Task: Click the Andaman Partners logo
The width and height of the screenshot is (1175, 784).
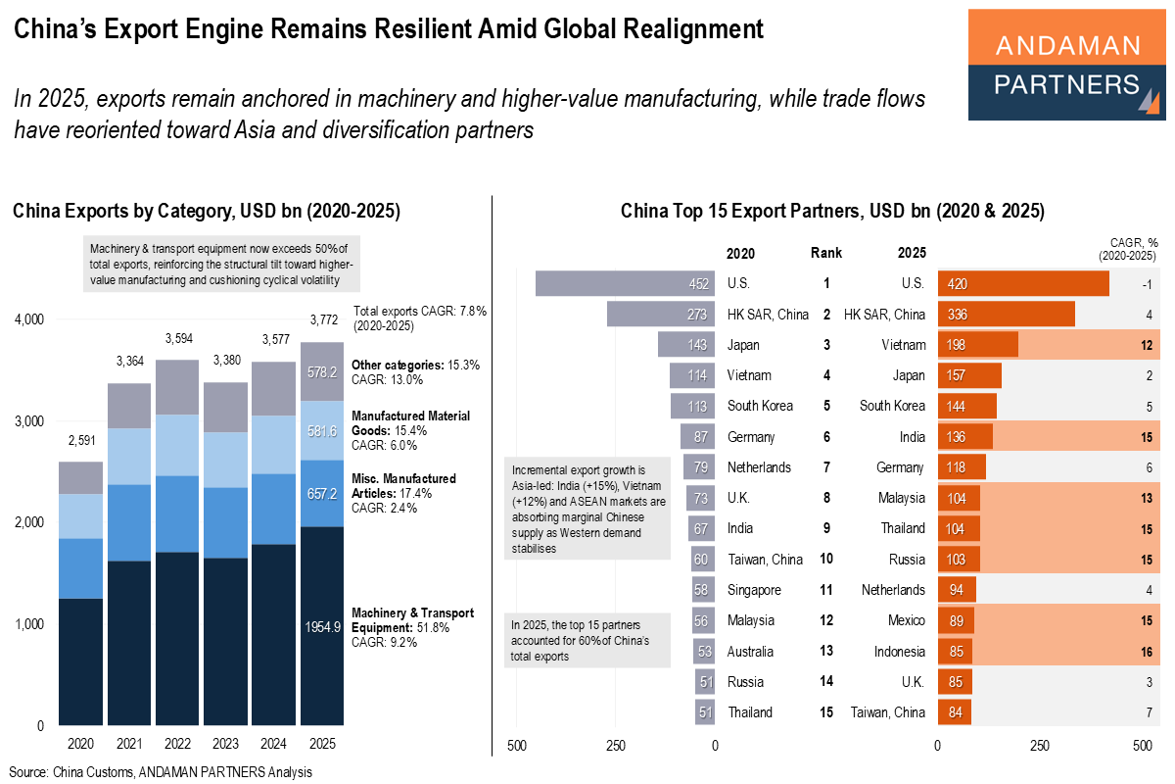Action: point(1066,65)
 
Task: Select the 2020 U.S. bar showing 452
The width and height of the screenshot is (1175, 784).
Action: point(626,284)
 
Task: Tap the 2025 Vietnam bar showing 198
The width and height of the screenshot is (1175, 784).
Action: point(977,345)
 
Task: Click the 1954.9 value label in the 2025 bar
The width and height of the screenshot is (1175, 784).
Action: point(322,627)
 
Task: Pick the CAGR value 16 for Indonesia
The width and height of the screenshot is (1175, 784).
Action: point(1146,652)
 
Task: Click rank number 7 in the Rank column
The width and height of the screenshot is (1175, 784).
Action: point(827,467)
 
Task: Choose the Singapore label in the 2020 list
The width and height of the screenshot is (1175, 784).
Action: point(754,590)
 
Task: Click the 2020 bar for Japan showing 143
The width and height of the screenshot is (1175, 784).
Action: point(686,345)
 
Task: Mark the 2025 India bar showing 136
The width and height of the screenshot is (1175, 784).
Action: point(964,437)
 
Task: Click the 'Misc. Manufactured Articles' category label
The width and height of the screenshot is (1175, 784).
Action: point(403,485)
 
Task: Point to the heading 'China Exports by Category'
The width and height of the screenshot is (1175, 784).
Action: point(206,211)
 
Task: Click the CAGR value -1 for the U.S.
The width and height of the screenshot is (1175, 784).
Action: point(1146,284)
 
